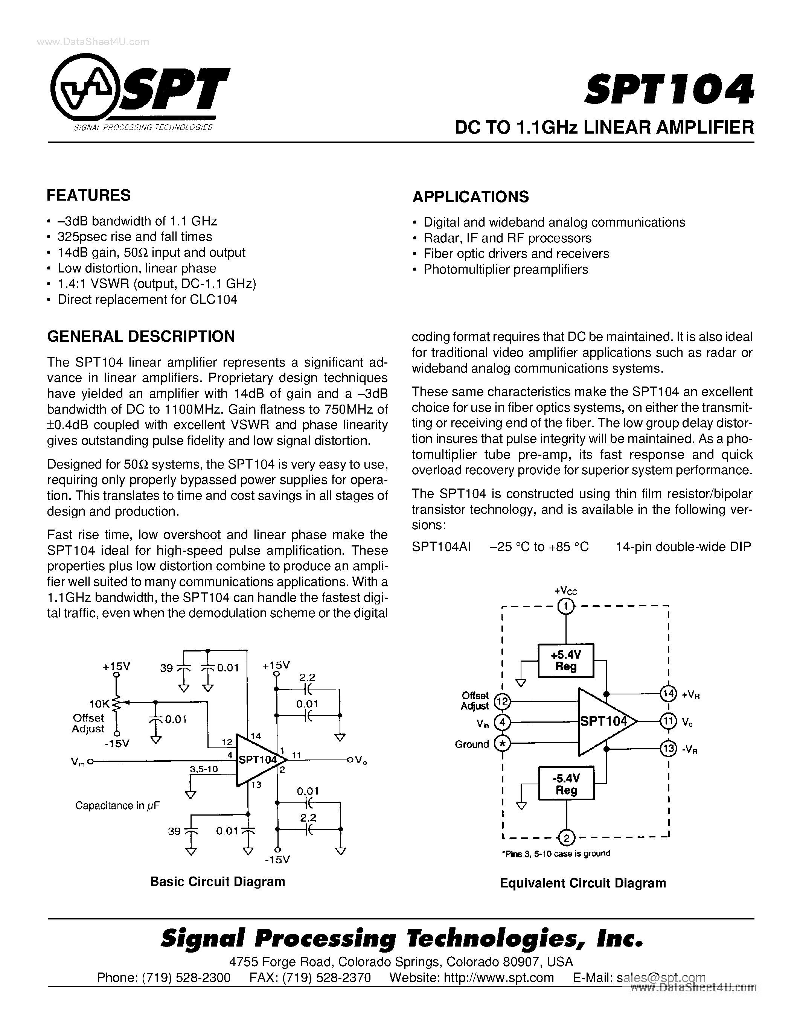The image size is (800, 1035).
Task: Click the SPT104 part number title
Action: click(x=669, y=90)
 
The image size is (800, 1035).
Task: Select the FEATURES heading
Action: click(x=88, y=195)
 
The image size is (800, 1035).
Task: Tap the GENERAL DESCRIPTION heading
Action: click(x=141, y=336)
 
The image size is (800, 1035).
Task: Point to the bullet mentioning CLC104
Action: click(x=147, y=300)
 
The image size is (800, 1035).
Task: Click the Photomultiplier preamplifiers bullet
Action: click(x=505, y=269)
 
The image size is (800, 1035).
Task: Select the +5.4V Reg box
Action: click(x=565, y=661)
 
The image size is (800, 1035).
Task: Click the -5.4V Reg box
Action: click(x=566, y=784)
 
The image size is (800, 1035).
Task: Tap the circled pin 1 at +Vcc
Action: click(x=565, y=606)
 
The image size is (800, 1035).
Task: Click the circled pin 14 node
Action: click(x=668, y=694)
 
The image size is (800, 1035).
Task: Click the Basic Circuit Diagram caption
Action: click(x=218, y=881)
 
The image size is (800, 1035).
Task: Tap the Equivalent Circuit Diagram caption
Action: click(x=582, y=883)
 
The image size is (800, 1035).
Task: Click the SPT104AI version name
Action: click(x=441, y=547)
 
